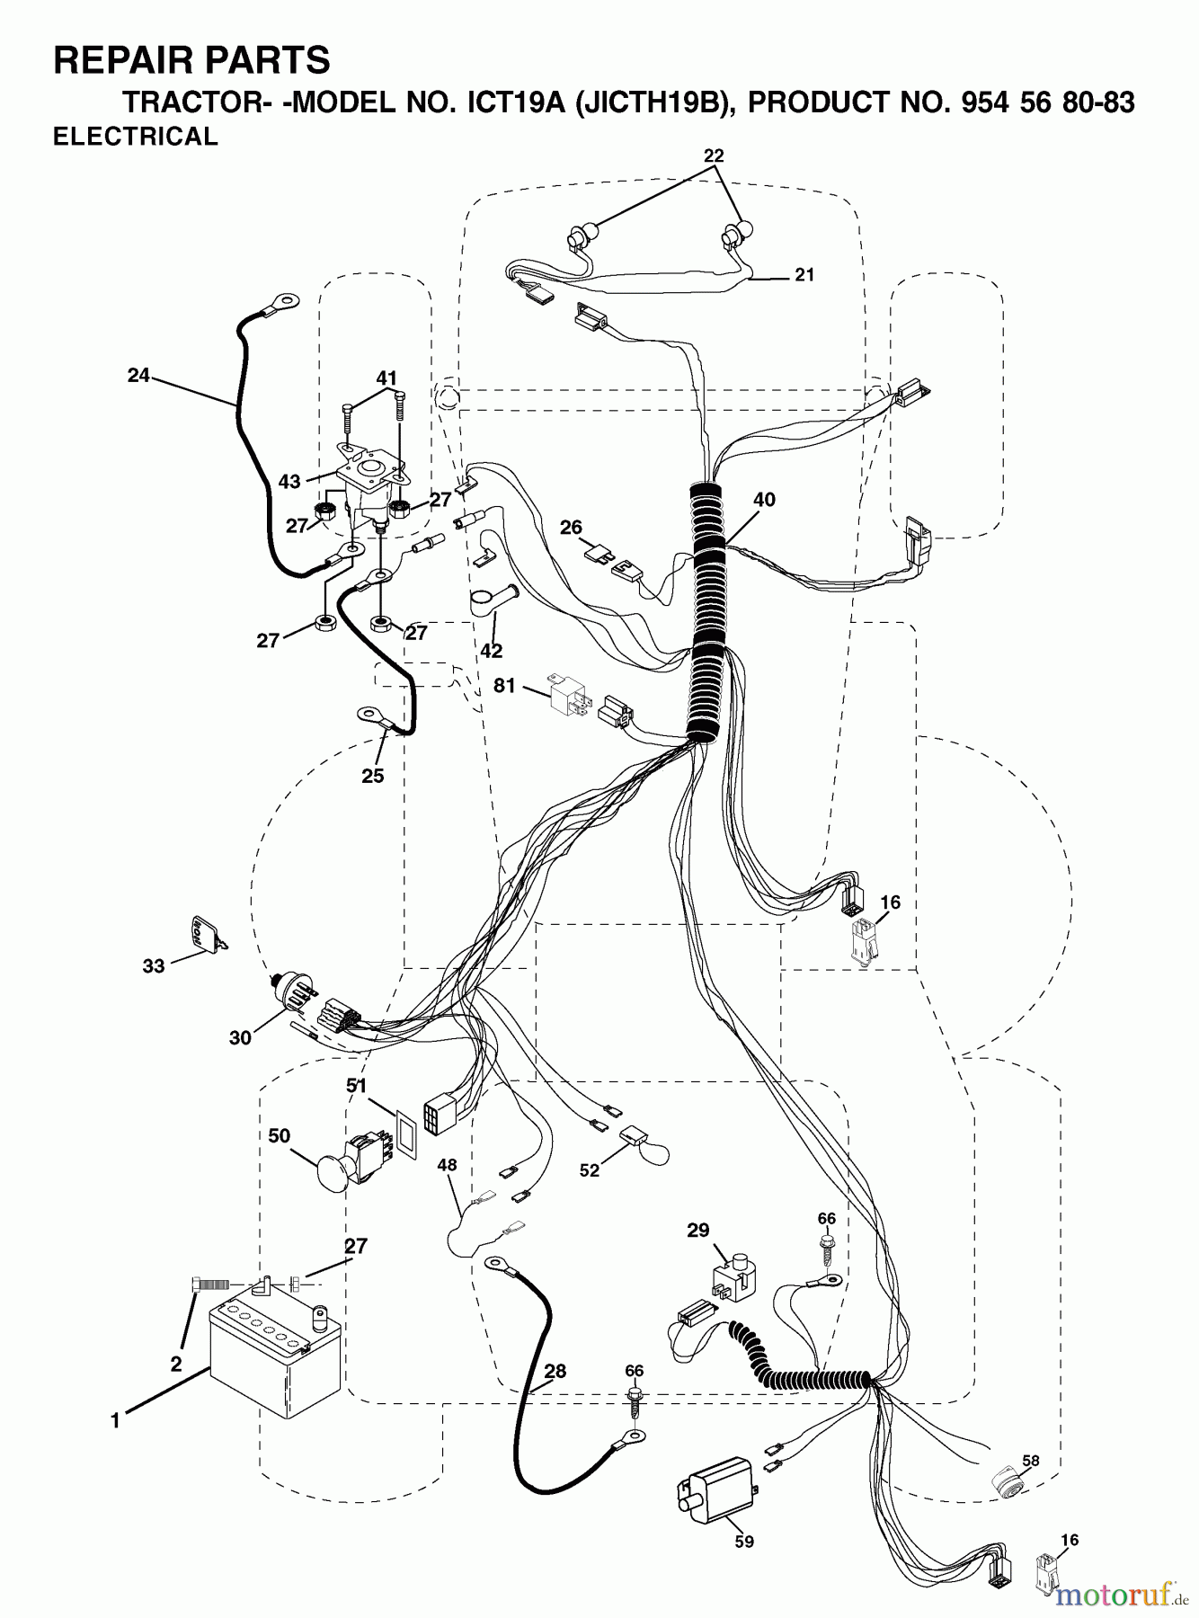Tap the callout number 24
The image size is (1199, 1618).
[138, 376]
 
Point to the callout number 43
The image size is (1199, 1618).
[289, 482]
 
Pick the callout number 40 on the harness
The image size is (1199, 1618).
[764, 500]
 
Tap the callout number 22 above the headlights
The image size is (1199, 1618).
[714, 155]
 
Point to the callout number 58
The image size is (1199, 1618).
[1030, 1461]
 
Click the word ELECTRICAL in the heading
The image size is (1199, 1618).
[136, 137]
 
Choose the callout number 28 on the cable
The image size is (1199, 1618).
[555, 1372]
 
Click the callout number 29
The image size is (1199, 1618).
[697, 1230]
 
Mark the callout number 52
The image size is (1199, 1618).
[589, 1171]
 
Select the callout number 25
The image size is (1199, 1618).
[373, 776]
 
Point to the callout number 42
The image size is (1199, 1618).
[491, 650]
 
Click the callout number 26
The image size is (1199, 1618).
[571, 528]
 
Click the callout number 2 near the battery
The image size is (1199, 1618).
[175, 1365]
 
